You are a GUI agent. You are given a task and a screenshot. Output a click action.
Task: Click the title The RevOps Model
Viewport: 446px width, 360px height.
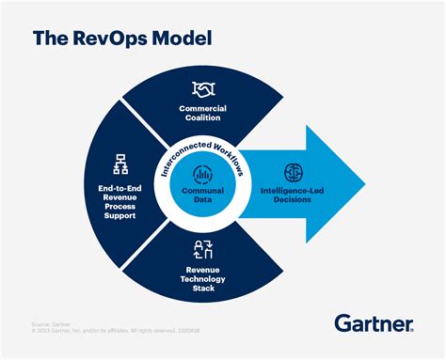(122, 39)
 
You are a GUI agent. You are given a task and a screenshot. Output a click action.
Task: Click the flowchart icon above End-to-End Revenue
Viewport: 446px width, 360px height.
(119, 162)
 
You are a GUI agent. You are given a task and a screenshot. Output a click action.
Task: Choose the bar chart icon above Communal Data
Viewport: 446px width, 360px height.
(202, 173)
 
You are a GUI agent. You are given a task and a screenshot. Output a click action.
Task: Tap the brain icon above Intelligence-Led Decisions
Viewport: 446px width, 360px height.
(293, 173)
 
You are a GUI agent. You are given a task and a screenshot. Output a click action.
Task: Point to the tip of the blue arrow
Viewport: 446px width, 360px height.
(364, 180)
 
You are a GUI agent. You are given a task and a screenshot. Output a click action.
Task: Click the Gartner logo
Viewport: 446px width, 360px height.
(373, 324)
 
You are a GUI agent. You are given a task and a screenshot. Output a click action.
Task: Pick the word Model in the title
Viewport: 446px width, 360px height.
(179, 39)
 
